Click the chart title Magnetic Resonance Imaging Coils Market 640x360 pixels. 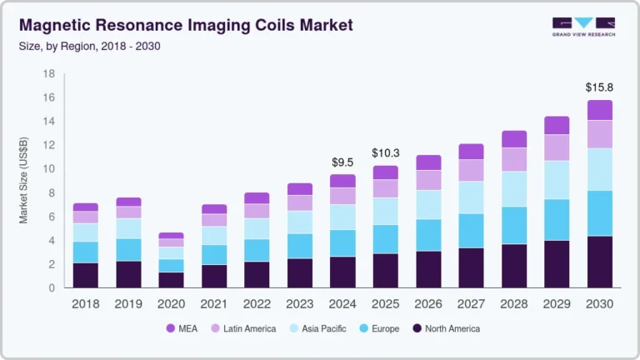pos(185,25)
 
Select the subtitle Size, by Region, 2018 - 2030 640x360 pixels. pos(89,46)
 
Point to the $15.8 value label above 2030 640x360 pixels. pos(598,87)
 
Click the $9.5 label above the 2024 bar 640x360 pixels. pos(342,161)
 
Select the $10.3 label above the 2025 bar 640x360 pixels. pos(384,152)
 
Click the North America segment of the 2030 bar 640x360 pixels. pos(599,262)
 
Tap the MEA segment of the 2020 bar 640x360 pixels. pos(171,235)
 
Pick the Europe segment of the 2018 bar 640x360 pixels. pos(85,252)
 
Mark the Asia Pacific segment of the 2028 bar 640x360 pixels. pos(512,189)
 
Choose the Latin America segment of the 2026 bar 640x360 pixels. pos(427,180)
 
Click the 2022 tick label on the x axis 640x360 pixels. pos(256,304)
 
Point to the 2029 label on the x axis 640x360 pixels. pos(555,304)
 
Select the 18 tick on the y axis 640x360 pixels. pos(48,74)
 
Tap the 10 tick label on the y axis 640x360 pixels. pos(48,169)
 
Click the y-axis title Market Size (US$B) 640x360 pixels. pos(24,181)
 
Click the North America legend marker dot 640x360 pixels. pos(417,329)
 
